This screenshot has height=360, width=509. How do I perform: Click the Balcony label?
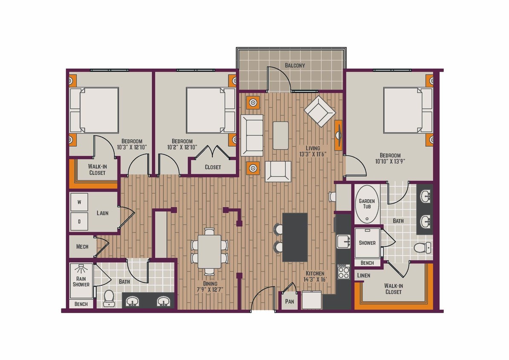point(295,65)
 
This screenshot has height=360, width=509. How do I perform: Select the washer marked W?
point(79,202)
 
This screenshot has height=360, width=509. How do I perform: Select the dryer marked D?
point(79,221)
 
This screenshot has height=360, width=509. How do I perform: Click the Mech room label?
point(82,247)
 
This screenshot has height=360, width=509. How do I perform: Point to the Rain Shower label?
point(81,281)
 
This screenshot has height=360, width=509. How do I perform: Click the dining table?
point(209,251)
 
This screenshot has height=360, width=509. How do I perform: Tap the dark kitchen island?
point(295,237)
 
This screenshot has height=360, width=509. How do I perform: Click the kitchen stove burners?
point(344,271)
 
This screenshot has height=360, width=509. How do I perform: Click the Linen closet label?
point(364,276)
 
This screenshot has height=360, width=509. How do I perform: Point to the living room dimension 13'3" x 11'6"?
point(312,154)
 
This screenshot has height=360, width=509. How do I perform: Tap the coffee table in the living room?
point(281,135)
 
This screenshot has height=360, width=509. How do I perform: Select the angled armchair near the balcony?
point(320,111)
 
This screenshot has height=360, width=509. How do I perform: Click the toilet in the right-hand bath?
point(422,247)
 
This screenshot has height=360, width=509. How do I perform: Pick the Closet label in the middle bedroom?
point(213,167)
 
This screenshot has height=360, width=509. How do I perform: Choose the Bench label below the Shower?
point(367,263)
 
